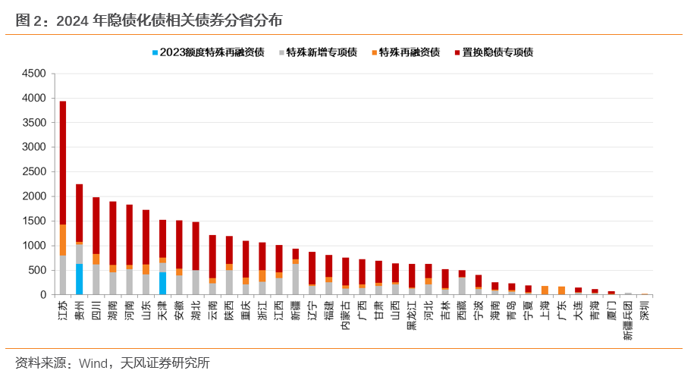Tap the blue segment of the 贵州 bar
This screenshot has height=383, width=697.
pyautogui.click(x=80, y=279)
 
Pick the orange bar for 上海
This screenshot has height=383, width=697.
pyautogui.click(x=545, y=290)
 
